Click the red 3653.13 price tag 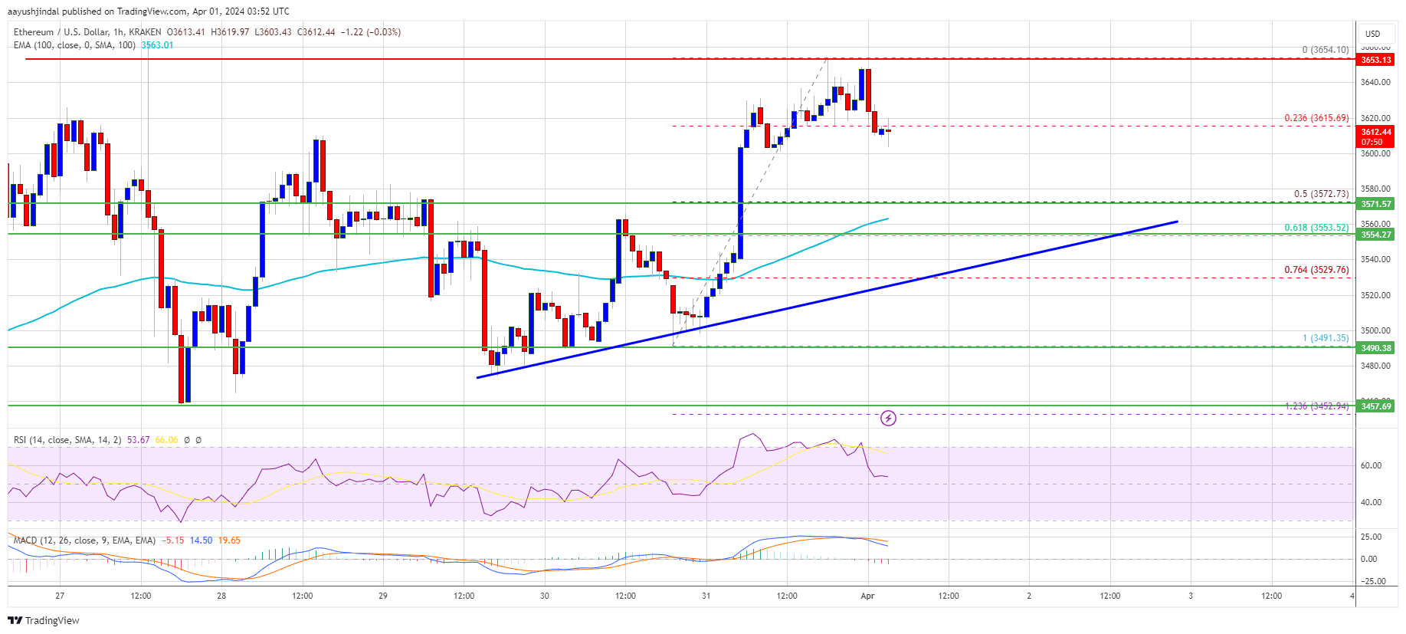(1375, 60)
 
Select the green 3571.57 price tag (1375, 204)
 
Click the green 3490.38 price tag (1375, 348)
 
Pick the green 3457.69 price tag (1375, 406)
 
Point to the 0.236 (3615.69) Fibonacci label (1316, 118)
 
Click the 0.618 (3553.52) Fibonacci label (1316, 228)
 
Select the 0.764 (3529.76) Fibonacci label (1316, 270)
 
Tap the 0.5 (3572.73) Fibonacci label (1321, 194)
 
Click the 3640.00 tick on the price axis (1375, 83)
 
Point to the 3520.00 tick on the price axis (1375, 295)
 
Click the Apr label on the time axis (867, 596)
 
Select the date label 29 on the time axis (383, 596)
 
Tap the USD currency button (1372, 34)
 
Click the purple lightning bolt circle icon (888, 418)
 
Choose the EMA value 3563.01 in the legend (157, 45)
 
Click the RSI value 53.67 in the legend (139, 440)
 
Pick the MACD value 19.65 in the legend (229, 540)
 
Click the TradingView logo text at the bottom (52, 620)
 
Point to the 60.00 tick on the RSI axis (1371, 465)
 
